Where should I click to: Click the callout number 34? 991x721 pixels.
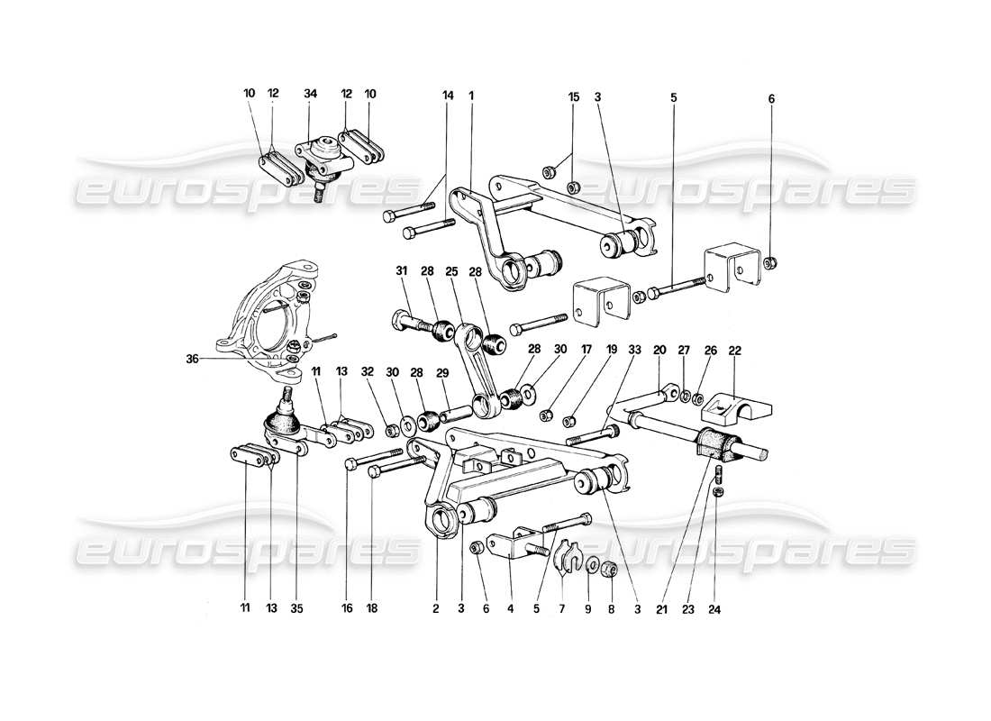tap(310, 95)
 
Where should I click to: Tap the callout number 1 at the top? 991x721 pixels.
tap(470, 95)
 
